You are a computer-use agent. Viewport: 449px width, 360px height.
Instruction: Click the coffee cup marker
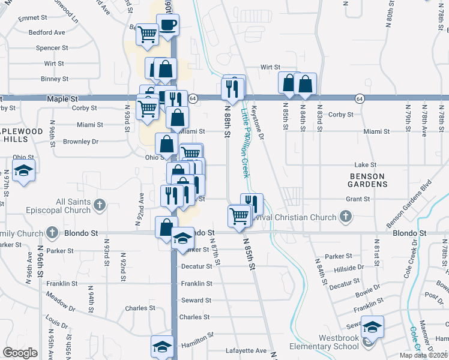[x=167, y=26]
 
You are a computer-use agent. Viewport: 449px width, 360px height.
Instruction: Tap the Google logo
[x=20, y=353]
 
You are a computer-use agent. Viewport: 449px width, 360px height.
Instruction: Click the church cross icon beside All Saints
[x=100, y=206]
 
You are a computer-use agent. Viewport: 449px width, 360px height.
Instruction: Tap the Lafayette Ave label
[x=246, y=350]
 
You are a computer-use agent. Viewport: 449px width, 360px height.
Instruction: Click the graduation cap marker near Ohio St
[x=24, y=171]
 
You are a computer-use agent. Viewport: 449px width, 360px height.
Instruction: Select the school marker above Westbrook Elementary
[x=372, y=327]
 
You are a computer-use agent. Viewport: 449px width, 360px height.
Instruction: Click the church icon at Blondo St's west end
[x=52, y=232]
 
